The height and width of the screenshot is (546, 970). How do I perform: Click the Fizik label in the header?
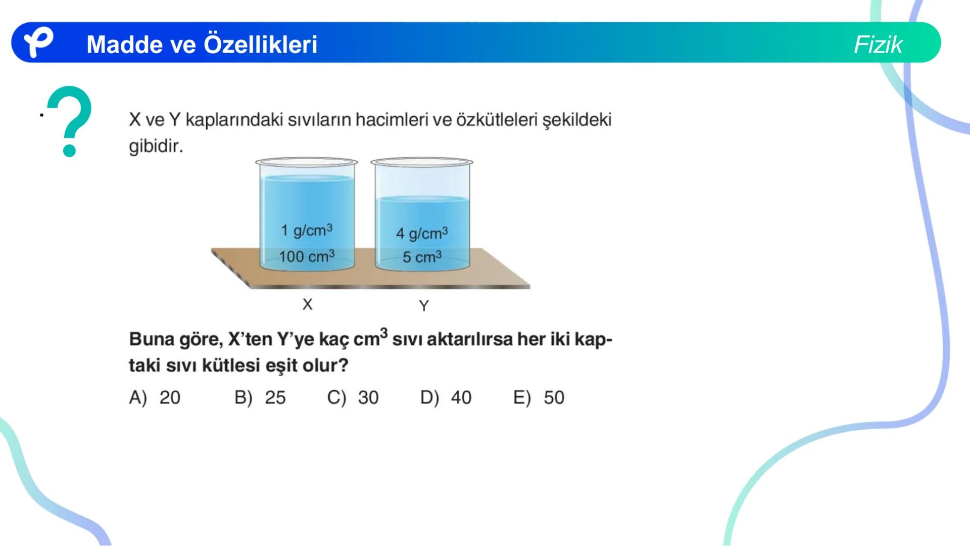878,44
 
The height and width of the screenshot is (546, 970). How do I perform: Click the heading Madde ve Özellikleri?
202,44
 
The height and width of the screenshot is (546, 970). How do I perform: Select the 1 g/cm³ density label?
307,231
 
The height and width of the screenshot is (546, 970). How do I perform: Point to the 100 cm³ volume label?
307,256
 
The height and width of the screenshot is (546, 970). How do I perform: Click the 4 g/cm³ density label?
422,234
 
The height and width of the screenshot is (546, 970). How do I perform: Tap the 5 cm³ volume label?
422,257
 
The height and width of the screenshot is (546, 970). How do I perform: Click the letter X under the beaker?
307,304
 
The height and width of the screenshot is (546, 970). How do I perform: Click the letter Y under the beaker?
423,306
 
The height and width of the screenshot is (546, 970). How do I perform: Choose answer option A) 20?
155,398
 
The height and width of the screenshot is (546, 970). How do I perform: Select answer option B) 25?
260,398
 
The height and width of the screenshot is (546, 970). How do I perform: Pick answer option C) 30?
353,398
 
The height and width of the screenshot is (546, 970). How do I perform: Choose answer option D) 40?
446,398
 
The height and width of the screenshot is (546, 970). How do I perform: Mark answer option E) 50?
539,398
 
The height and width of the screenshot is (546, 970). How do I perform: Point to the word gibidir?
156,147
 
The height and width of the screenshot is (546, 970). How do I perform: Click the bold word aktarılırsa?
462,339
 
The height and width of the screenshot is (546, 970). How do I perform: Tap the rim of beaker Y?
422,162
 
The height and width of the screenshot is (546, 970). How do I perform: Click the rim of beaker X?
307,162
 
